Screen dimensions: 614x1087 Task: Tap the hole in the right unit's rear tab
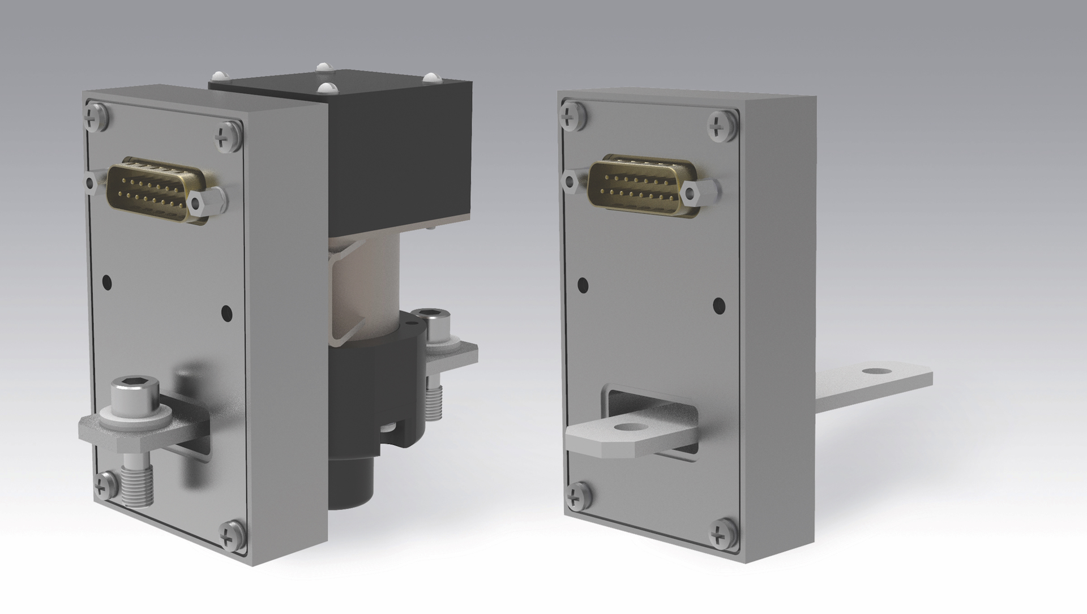(x=878, y=371)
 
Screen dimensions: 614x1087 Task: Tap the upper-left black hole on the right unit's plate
(x=582, y=285)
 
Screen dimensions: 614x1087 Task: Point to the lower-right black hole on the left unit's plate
(x=226, y=312)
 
